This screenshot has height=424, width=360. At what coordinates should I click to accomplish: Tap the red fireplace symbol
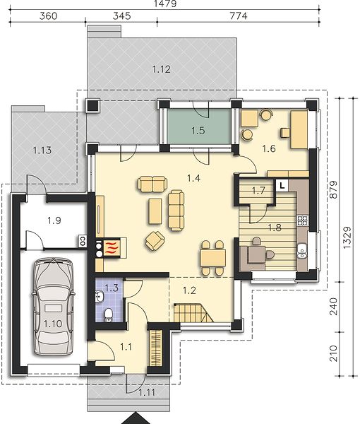pyautogui.click(x=112, y=247)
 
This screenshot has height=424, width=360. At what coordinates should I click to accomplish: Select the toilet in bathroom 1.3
pyautogui.click(x=108, y=314)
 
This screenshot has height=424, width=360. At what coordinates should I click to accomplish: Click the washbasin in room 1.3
pyautogui.click(x=99, y=297)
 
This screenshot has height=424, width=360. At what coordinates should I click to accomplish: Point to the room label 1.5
pyautogui.click(x=198, y=131)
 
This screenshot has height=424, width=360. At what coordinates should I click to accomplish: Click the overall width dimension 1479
pyautogui.click(x=165, y=4)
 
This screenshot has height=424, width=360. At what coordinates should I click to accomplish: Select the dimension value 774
pyautogui.click(x=238, y=16)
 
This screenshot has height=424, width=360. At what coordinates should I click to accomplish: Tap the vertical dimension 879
pyautogui.click(x=334, y=189)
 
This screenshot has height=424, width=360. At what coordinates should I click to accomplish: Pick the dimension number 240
pyautogui.click(x=334, y=307)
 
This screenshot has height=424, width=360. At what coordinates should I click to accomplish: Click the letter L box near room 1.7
pyautogui.click(x=282, y=186)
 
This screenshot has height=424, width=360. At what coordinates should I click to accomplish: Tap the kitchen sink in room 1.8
pyautogui.click(x=302, y=251)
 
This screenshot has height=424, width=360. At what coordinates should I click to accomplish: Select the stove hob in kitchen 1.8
pyautogui.click(x=303, y=220)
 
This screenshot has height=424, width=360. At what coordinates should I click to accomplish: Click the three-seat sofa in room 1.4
pyautogui.click(x=176, y=210)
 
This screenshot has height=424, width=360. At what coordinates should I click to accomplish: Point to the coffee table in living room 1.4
pyautogui.click(x=155, y=211)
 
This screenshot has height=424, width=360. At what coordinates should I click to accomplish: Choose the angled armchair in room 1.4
pyautogui.click(x=155, y=240)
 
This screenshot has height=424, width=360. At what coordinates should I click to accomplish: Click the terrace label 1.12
pyautogui.click(x=161, y=69)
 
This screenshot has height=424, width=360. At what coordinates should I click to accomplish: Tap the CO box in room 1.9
pyautogui.click(x=83, y=241)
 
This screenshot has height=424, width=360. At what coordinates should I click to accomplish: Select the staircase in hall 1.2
pyautogui.click(x=193, y=313)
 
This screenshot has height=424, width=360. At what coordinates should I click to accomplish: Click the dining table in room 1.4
pyautogui.click(x=212, y=258)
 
